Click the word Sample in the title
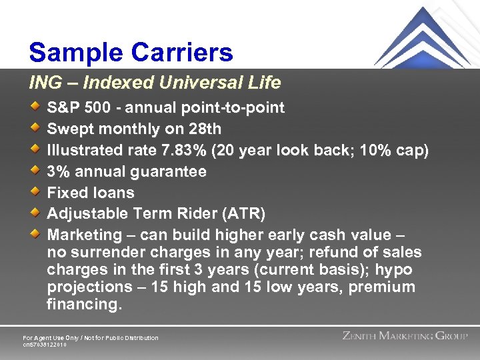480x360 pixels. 71,53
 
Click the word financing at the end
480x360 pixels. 84,305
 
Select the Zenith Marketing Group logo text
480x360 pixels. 405,336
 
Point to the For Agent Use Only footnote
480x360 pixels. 91,338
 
